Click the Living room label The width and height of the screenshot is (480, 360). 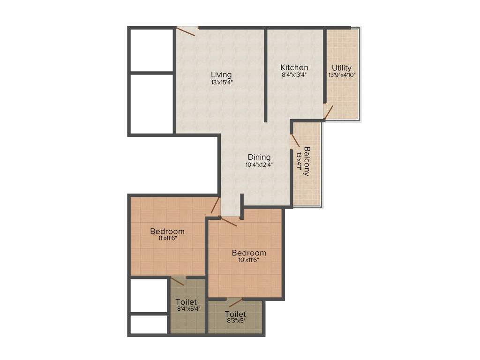pos(221,75)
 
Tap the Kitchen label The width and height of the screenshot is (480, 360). pos(294,67)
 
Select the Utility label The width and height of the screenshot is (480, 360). pos(341,68)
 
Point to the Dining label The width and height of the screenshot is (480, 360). pos(259,157)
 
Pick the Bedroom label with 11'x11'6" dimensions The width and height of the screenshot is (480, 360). pos(167,231)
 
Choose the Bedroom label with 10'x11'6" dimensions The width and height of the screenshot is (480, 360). pos(249,253)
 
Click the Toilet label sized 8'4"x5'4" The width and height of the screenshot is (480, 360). pos(187,302)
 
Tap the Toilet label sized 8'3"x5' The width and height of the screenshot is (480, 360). pos(235,314)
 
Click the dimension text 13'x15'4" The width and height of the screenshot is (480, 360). pos(222,82)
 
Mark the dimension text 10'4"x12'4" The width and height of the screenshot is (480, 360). pos(259,165)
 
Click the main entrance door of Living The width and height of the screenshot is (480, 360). pos(186,31)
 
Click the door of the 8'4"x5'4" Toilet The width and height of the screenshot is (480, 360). pos(177,281)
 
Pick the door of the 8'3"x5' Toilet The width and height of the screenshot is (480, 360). pos(236,302)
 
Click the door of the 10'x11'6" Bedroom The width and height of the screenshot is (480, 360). pos(229,222)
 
